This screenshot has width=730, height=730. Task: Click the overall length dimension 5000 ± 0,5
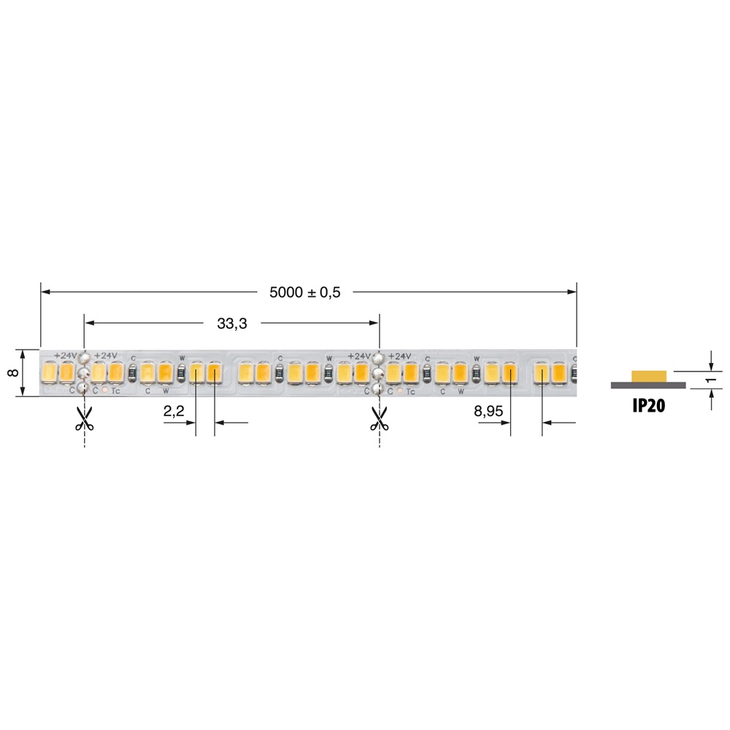click(305, 292)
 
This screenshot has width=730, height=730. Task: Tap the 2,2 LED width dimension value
click(173, 412)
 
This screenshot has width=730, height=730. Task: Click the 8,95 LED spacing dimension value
click(488, 412)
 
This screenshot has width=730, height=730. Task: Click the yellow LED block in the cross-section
click(649, 376)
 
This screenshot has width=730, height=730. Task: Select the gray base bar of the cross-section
click(648, 385)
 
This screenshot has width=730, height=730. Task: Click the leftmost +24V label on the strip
click(65, 356)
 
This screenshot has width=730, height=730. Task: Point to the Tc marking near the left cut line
click(115, 391)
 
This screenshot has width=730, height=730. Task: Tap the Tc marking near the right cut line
click(410, 391)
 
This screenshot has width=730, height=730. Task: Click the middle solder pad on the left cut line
click(85, 373)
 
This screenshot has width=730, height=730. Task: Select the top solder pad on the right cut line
click(379, 358)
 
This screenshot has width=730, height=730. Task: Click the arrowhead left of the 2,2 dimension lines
click(191, 422)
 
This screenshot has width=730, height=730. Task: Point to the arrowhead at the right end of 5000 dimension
click(572, 292)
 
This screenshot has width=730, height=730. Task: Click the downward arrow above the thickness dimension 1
click(711, 366)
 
